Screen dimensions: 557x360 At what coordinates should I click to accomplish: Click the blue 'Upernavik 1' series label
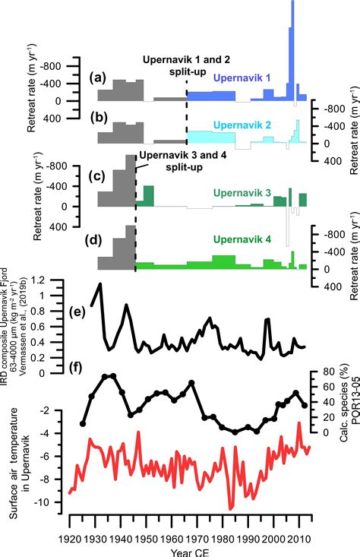pyautogui.click(x=242, y=78)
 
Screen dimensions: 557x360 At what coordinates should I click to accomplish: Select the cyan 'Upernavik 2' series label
pyautogui.click(x=242, y=123)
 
